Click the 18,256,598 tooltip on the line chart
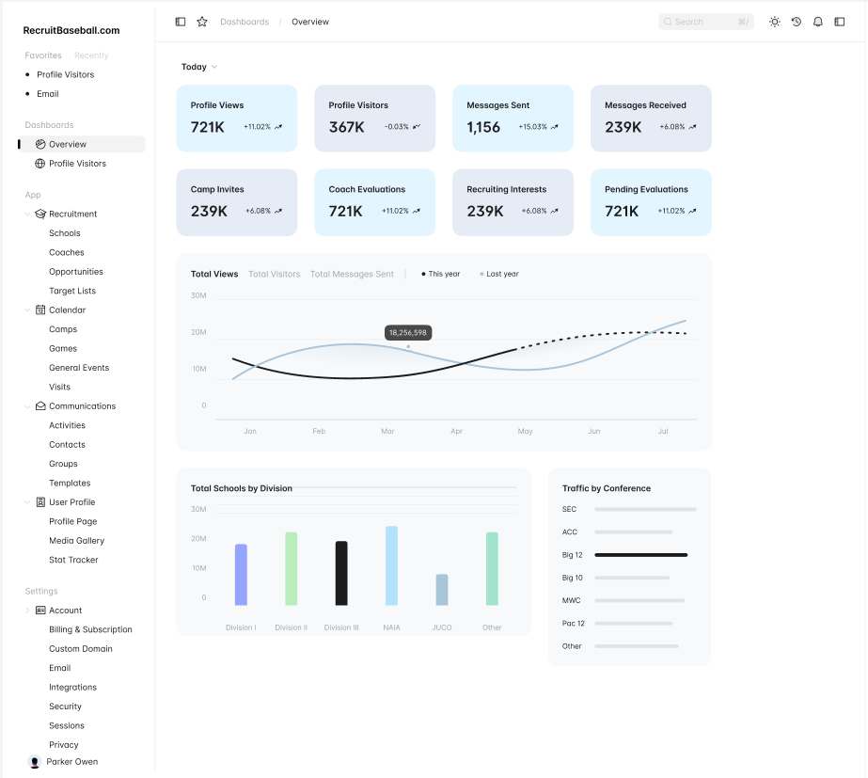[408, 333]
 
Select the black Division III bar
[341, 573]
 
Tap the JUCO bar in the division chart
[442, 590]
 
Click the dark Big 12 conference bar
[641, 555]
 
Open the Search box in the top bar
[705, 22]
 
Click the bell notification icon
[818, 22]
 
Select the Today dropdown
[199, 67]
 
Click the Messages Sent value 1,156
[483, 127]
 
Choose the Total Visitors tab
[275, 274]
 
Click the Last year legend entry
[502, 274]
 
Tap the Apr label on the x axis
[456, 431]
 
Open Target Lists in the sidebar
[72, 291]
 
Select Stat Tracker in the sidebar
[73, 560]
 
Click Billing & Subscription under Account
[90, 629]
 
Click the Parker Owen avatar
[35, 762]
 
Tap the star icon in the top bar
[202, 22]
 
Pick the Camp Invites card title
[217, 189]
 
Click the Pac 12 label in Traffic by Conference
[574, 624]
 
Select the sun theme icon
[775, 22]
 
